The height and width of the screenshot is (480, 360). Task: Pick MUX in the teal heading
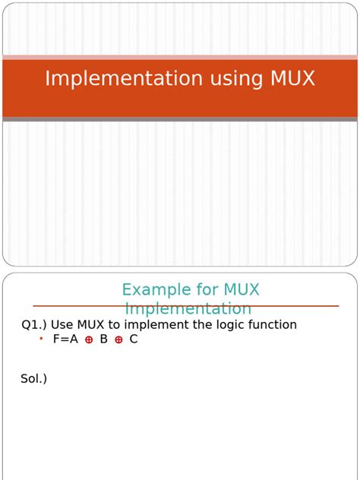[x=242, y=290]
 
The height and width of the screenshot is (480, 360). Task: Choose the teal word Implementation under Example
[x=188, y=309]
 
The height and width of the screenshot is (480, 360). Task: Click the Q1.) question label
[x=33, y=325]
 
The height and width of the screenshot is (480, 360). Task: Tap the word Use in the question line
[x=63, y=325]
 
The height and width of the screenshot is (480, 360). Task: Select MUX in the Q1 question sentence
[x=93, y=325]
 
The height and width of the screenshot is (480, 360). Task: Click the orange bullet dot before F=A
[x=41, y=339]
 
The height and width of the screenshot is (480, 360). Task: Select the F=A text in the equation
[x=65, y=339]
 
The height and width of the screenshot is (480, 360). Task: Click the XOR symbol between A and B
[x=89, y=340]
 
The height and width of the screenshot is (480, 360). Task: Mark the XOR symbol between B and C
[x=118, y=340]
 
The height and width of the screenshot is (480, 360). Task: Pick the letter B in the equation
[x=103, y=339]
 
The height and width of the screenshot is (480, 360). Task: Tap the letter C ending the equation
[x=134, y=339]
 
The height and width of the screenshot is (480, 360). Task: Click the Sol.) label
[x=33, y=378]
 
